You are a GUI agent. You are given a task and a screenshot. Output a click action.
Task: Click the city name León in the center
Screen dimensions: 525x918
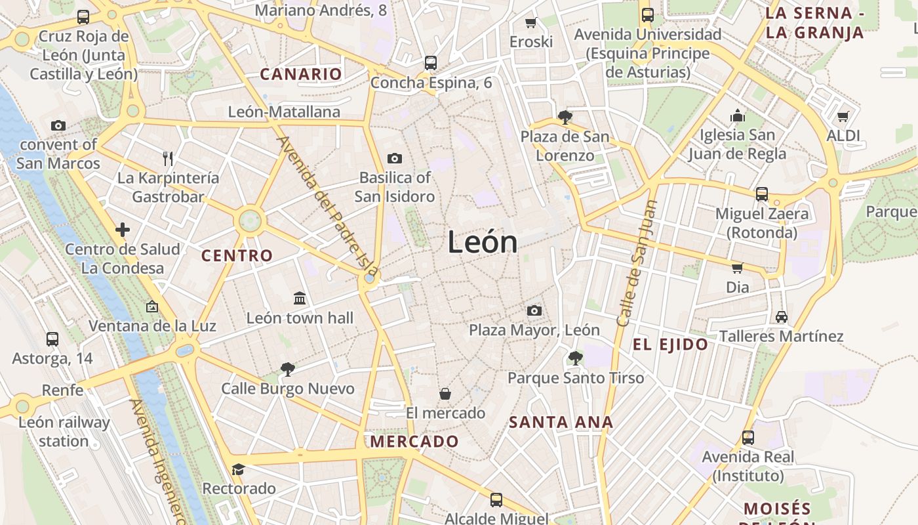[483, 242]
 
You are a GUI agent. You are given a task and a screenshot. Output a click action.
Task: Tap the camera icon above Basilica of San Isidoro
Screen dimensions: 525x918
[395, 158]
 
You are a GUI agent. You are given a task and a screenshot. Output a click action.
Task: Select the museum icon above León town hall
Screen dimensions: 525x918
[300, 299]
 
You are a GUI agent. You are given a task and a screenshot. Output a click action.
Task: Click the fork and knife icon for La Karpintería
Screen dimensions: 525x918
[168, 158]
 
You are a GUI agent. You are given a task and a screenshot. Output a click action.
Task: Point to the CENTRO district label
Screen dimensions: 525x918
[237, 256]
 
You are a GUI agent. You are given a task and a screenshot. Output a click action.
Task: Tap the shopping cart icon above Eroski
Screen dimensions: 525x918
[531, 23]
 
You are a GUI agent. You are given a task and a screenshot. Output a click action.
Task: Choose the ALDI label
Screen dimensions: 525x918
[843, 136]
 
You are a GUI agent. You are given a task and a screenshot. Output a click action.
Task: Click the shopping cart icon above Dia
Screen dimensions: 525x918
[737, 268]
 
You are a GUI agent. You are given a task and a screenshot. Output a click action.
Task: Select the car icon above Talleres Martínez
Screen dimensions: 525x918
[781, 317]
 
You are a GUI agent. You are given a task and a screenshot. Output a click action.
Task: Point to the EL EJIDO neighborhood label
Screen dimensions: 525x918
[670, 345]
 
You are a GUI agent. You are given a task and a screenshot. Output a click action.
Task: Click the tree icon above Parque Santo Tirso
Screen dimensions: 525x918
[575, 358]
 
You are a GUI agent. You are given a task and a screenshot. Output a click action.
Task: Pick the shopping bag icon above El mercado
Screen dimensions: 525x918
[445, 394]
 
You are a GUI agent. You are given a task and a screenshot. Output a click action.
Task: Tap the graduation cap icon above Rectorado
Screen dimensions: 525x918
[238, 470]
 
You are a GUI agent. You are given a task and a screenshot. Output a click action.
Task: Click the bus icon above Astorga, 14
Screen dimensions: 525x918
[52, 339]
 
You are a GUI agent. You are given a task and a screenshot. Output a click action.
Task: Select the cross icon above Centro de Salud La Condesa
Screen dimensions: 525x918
[123, 230]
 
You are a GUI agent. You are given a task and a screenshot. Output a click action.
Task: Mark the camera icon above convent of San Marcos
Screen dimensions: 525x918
[58, 125]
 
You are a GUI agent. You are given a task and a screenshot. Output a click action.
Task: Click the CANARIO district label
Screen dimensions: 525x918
[301, 74]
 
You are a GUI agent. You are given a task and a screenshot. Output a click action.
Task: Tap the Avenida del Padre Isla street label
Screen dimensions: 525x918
[327, 205]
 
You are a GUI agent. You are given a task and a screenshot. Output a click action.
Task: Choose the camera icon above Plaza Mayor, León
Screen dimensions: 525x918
[534, 310]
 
